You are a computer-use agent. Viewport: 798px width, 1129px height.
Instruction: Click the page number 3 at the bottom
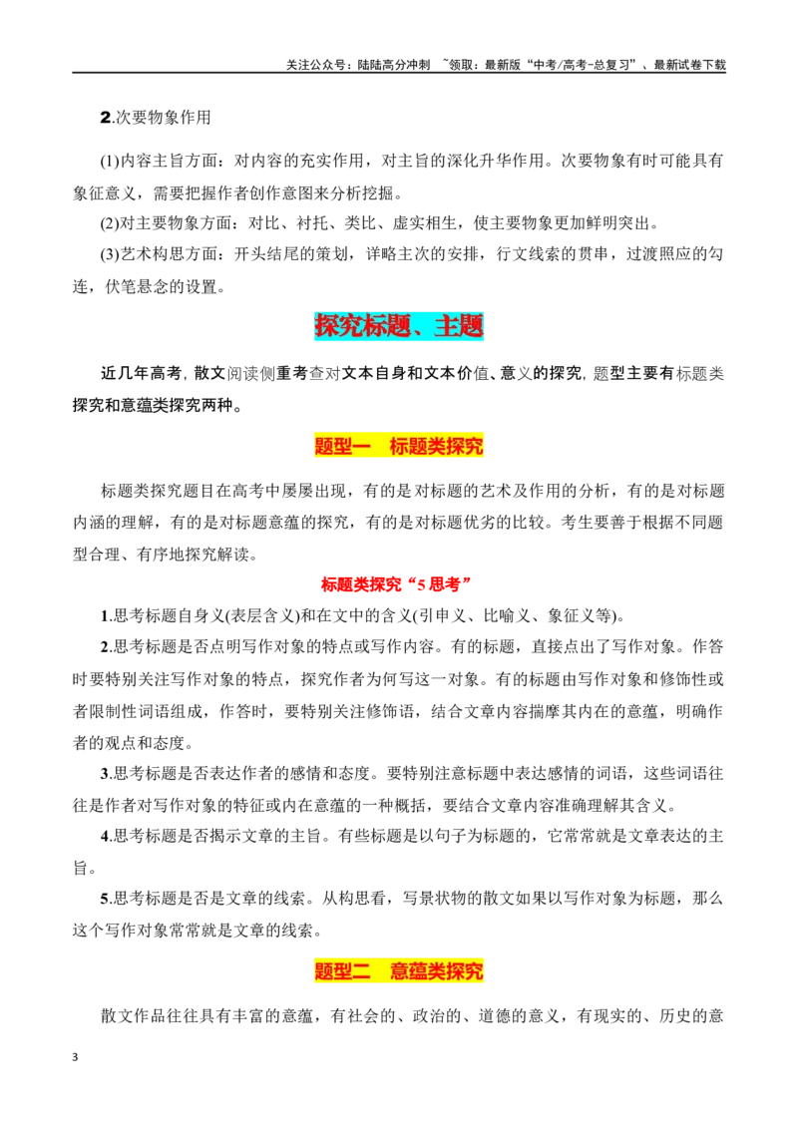pos(75,1057)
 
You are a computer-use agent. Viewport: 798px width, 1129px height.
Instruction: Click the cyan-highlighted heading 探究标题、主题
pos(399,326)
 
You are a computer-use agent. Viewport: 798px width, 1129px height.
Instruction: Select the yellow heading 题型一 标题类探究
pos(399,447)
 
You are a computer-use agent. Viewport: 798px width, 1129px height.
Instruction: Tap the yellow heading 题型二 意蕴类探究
pos(399,971)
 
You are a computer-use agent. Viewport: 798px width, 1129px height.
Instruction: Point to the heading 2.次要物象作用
pos(156,118)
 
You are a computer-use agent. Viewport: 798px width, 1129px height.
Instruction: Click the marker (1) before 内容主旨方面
pos(110,161)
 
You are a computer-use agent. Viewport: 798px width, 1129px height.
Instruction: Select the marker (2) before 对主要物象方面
pos(110,223)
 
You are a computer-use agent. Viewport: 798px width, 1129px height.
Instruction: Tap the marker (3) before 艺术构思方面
pos(110,254)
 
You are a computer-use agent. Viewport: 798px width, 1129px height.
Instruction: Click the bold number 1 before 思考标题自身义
pos(105,615)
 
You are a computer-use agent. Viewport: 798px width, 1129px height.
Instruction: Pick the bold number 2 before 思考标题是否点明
pos(105,646)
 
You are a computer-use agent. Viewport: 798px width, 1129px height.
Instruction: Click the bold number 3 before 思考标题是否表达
pos(105,774)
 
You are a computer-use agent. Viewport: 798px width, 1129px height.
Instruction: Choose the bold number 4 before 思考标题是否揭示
pos(105,836)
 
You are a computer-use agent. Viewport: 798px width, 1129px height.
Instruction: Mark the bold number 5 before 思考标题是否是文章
pos(105,899)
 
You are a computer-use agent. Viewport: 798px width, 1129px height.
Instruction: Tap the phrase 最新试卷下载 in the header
pos(690,65)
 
